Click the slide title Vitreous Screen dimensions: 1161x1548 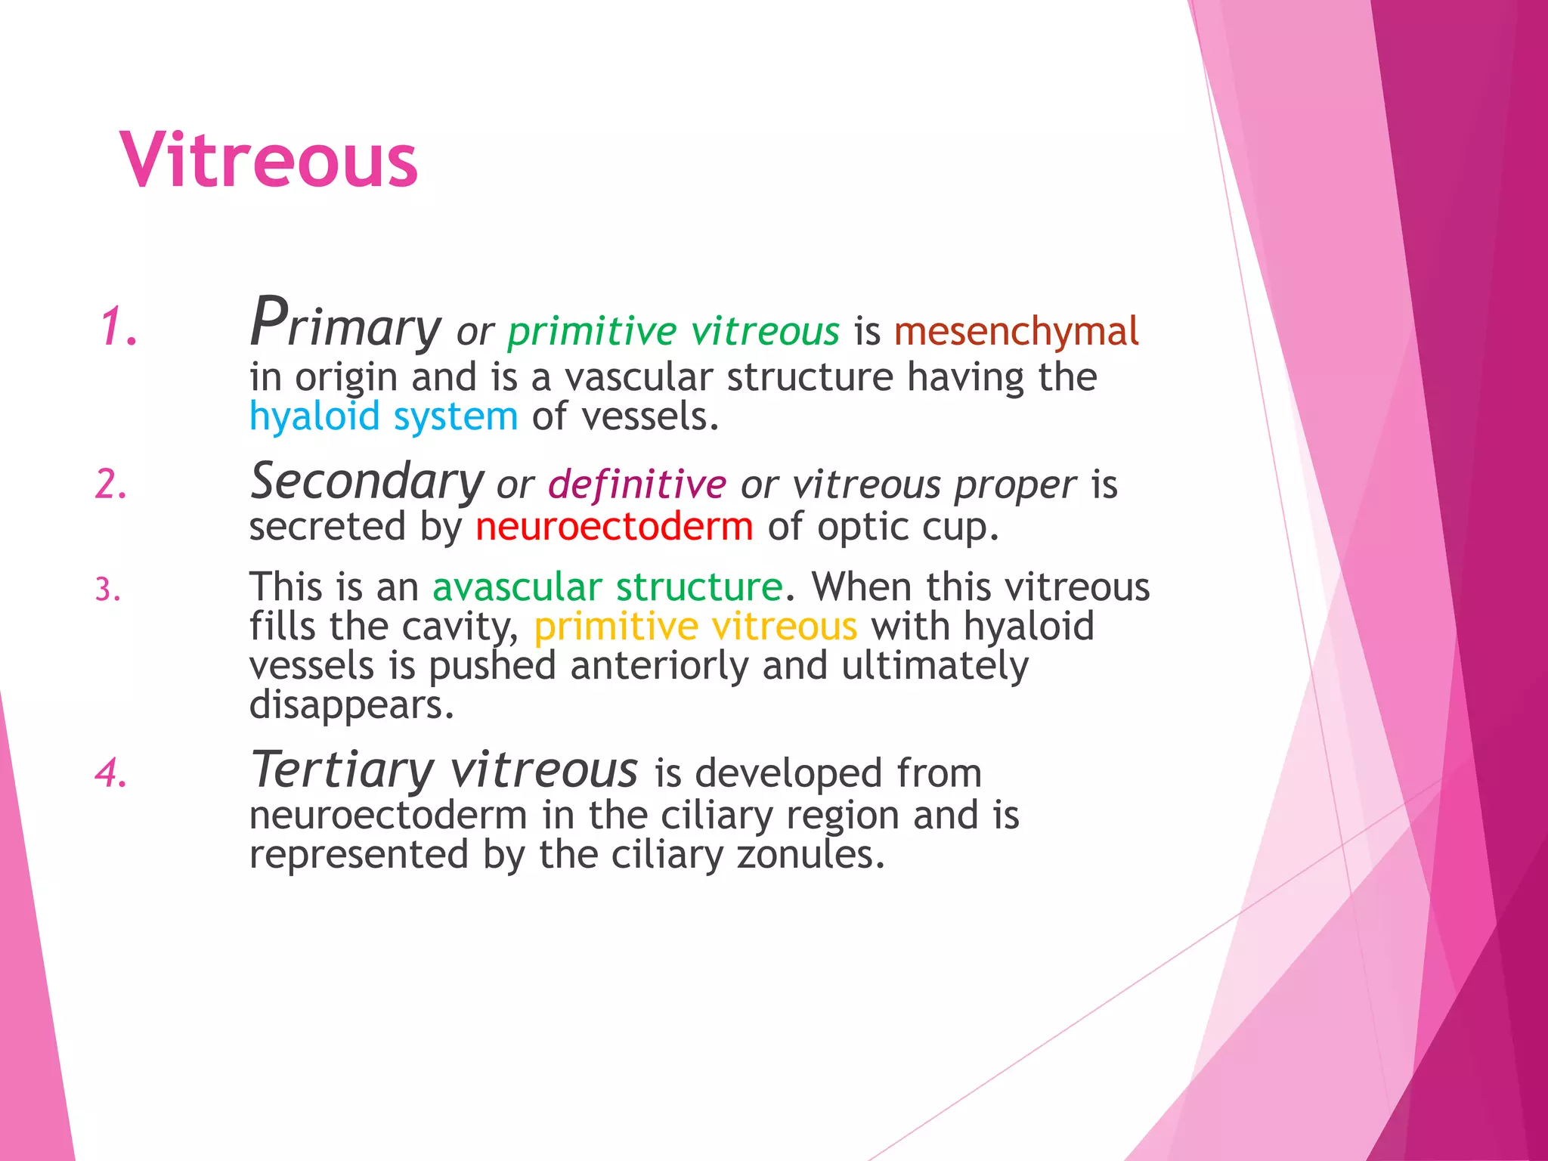(x=268, y=160)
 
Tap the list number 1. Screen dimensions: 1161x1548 (x=119, y=327)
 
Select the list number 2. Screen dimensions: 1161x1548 (x=110, y=484)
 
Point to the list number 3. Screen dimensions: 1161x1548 (x=107, y=590)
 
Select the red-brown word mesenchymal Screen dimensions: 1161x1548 (x=1016, y=331)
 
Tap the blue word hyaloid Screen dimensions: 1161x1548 (x=314, y=416)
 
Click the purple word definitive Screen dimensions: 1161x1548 (x=636, y=485)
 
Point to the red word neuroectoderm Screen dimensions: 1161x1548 (x=614, y=527)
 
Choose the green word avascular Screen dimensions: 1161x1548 (x=517, y=587)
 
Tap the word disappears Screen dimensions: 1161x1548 (x=351, y=705)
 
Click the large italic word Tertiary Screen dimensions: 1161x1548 (x=342, y=769)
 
